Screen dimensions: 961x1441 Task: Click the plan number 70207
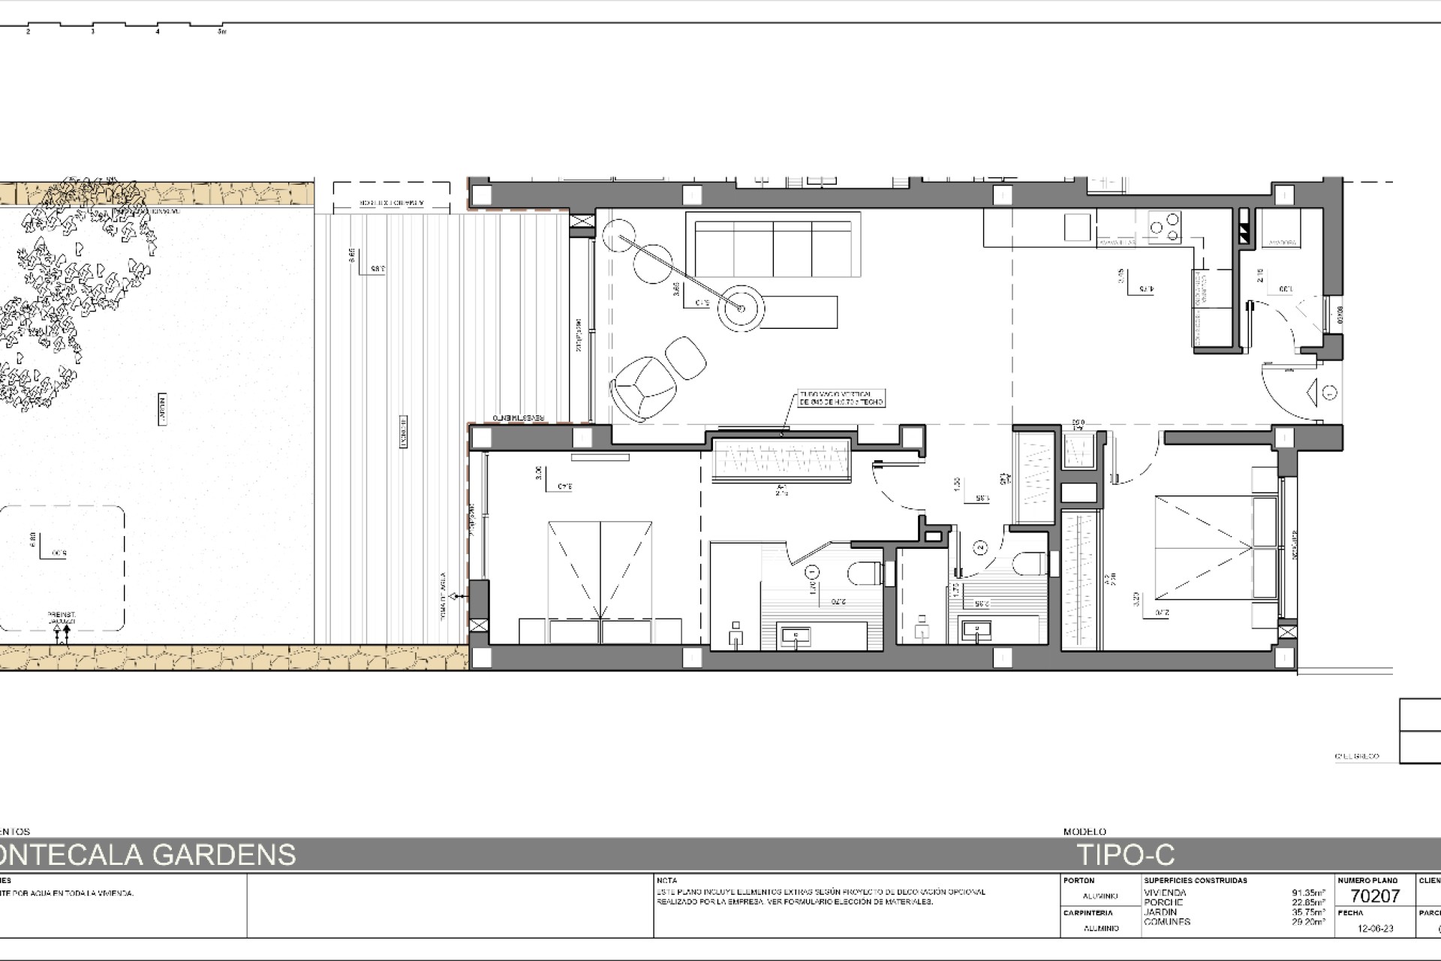click(x=1375, y=895)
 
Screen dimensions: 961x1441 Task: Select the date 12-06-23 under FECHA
click(x=1375, y=929)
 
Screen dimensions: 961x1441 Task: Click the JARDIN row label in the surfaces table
click(x=1160, y=912)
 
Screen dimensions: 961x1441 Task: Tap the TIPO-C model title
click(x=1126, y=855)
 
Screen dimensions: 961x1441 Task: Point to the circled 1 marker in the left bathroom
click(x=811, y=572)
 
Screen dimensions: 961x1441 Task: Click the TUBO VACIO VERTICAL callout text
click(x=841, y=398)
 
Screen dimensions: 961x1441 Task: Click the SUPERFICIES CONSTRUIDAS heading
click(x=1196, y=880)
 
